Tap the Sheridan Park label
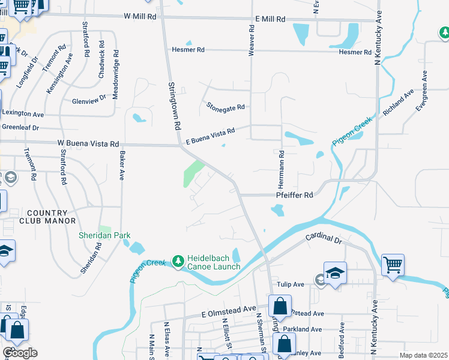[104, 236]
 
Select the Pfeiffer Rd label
[294, 195]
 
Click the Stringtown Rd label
[175, 106]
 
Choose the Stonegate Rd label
[226, 107]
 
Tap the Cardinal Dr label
[323, 239]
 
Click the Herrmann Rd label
[281, 168]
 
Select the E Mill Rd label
[270, 19]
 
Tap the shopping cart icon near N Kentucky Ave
[393, 264]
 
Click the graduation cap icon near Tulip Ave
[336, 272]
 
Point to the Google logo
[20, 353]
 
